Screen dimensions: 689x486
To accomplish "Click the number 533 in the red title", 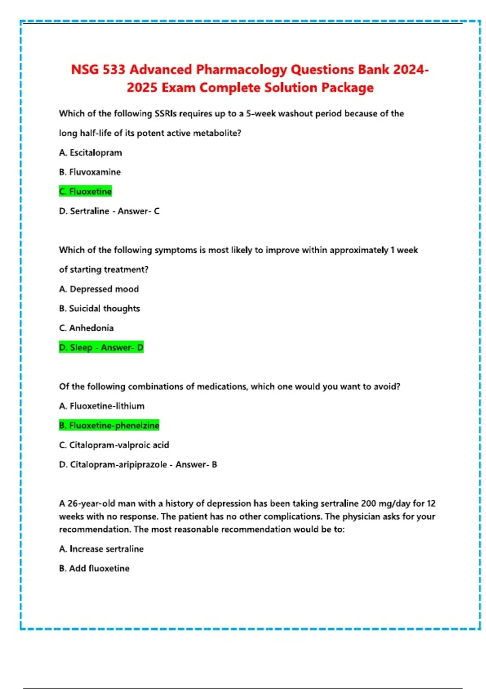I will point(113,70).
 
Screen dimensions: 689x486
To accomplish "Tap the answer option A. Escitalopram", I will point(90,153).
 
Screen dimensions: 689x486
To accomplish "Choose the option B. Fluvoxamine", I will point(90,172).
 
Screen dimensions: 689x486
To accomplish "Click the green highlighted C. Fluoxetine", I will point(85,191).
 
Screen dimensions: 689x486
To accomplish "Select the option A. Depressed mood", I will point(99,289).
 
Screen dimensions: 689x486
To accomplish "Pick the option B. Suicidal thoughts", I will point(99,308).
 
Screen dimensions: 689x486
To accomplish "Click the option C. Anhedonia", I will point(86,328).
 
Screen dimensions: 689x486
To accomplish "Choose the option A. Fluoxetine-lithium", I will point(102,406).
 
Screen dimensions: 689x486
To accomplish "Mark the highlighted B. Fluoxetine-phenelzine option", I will point(109,426).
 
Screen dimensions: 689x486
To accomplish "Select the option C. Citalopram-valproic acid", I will point(114,445).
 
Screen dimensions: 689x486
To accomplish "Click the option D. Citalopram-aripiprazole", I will point(113,464).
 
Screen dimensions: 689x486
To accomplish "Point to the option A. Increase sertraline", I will point(101,549).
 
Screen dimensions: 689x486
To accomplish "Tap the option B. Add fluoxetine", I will point(94,568).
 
